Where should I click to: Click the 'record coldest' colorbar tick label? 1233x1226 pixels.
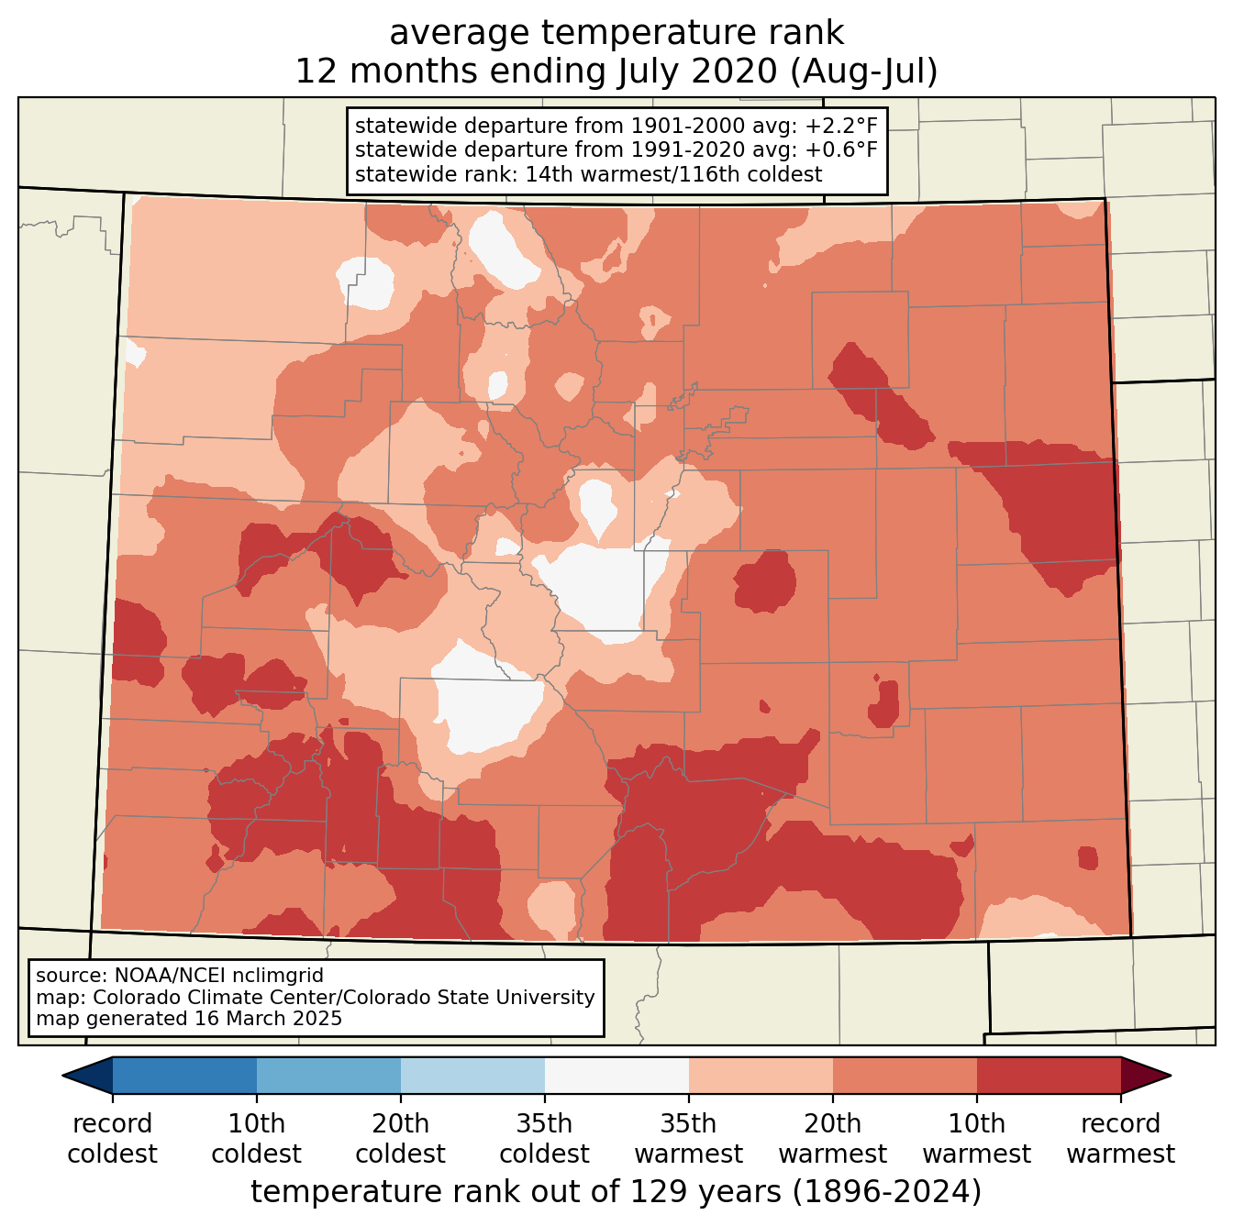click(112, 1139)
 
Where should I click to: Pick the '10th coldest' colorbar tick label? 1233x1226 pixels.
click(256, 1139)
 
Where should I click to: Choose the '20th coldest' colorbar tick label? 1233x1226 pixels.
click(400, 1139)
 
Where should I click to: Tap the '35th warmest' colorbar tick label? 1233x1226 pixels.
click(688, 1139)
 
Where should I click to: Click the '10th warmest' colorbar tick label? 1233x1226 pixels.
click(976, 1139)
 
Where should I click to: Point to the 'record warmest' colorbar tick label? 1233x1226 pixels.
click(1120, 1139)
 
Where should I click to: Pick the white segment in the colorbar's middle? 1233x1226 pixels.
click(616, 1076)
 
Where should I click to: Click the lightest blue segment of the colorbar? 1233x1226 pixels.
click(472, 1076)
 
